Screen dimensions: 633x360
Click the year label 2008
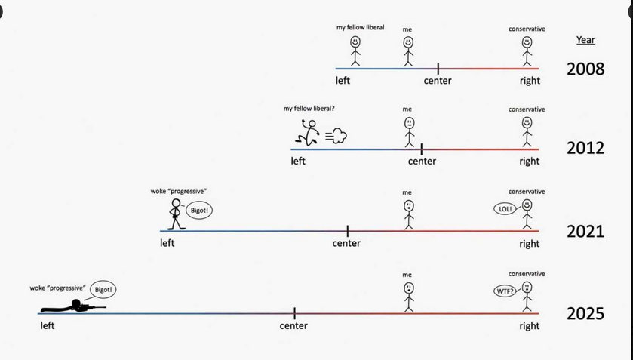tap(585, 69)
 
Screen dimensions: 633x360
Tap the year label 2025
tap(585, 314)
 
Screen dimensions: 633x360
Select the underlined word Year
tap(585, 40)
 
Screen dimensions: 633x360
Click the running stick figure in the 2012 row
tap(307, 133)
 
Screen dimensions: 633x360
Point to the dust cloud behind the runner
tap(336, 136)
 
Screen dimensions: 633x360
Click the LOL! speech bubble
tap(505, 209)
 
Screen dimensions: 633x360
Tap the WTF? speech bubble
tap(505, 291)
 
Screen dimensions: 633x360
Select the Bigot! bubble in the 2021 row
tap(199, 211)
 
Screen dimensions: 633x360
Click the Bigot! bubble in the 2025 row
tap(103, 290)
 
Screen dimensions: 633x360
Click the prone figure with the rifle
tap(72, 306)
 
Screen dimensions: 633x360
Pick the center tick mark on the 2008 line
tap(438, 69)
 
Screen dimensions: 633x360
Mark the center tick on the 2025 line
tap(295, 313)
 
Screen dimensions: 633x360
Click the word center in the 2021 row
tap(346, 243)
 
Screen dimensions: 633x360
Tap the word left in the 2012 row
tap(298, 161)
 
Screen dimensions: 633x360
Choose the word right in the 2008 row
tap(530, 81)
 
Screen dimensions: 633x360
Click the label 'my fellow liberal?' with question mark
tap(309, 109)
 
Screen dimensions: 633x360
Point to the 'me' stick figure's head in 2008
tap(408, 42)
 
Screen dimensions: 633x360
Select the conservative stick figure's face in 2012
tap(527, 122)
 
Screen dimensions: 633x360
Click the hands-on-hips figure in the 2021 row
tap(176, 214)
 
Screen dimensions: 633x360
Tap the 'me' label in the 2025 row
tap(407, 275)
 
